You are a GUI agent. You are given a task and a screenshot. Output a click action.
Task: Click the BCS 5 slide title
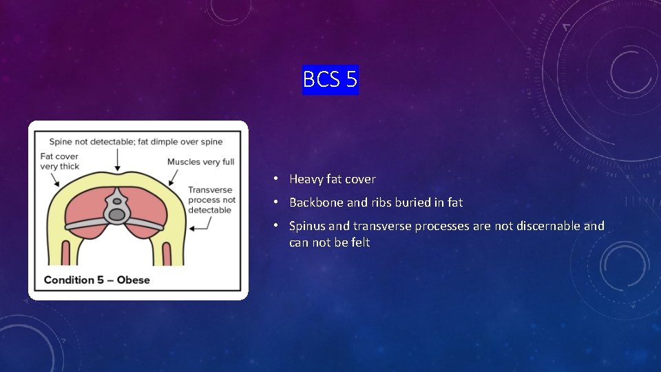point(330,80)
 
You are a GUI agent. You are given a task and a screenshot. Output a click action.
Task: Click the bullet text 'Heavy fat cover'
point(333,179)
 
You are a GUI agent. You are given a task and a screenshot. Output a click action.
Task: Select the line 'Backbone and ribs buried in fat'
point(376,203)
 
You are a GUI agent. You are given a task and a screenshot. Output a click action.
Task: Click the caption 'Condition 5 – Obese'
point(96,280)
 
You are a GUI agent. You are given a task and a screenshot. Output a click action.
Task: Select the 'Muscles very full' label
point(200,162)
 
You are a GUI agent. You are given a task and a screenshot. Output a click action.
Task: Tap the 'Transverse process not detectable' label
point(212,200)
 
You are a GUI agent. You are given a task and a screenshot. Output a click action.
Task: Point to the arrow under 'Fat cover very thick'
point(54,178)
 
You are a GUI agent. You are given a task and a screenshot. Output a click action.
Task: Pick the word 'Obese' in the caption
point(134,280)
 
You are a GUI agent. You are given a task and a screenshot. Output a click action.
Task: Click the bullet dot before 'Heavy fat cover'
point(275,179)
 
